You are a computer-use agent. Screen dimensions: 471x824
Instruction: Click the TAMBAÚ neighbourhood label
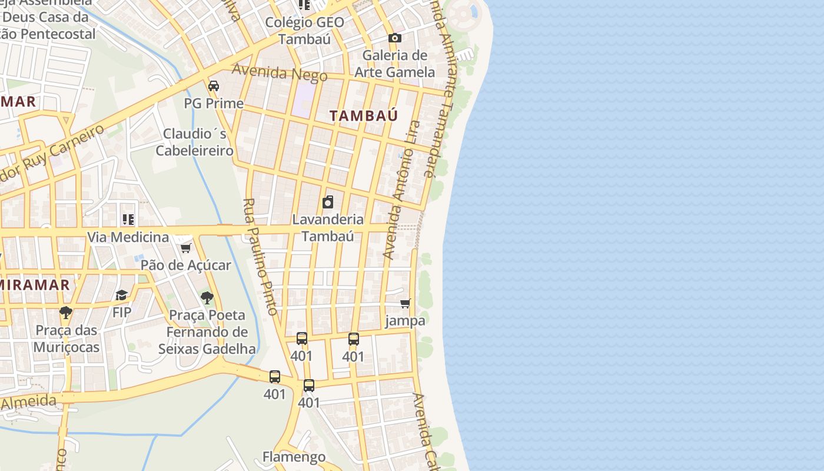[x=364, y=116]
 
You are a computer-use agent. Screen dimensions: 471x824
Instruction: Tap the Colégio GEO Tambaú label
[x=304, y=31]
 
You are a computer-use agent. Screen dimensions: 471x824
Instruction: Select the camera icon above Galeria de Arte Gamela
[x=394, y=38]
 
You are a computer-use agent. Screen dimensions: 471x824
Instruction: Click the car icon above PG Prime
[x=214, y=86]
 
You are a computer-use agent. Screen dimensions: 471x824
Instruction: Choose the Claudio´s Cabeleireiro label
[x=195, y=142]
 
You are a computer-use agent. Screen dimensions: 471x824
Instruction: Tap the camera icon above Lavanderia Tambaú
[x=328, y=203]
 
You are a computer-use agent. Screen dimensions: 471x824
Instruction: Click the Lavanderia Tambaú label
[x=328, y=228]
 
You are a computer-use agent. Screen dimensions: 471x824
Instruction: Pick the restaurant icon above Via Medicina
[x=128, y=220]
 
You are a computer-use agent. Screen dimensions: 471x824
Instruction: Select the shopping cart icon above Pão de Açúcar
[x=186, y=248]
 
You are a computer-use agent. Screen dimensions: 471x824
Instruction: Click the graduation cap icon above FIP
[x=122, y=295]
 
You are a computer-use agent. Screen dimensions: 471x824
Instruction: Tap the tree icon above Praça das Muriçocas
[x=66, y=313]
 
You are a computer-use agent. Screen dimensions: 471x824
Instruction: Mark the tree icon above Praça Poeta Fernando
[x=207, y=298]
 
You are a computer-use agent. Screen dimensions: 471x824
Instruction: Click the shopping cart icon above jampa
[x=405, y=304]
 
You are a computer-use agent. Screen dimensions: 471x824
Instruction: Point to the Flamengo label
[x=294, y=457]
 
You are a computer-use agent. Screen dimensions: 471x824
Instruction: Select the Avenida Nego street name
[x=280, y=72]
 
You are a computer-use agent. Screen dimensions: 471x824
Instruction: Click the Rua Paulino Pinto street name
[x=260, y=257]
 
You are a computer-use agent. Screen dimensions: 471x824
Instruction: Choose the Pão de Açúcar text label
[x=186, y=265]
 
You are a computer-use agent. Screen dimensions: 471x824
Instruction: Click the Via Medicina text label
[x=128, y=237]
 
